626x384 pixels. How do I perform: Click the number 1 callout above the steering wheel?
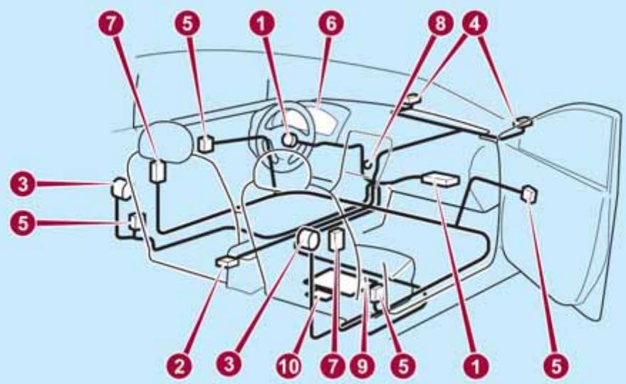[x=268, y=23]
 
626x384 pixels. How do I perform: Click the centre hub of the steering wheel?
[x=290, y=140]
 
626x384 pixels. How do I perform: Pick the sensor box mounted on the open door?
[x=530, y=193]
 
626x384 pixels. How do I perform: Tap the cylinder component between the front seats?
[x=309, y=240]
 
